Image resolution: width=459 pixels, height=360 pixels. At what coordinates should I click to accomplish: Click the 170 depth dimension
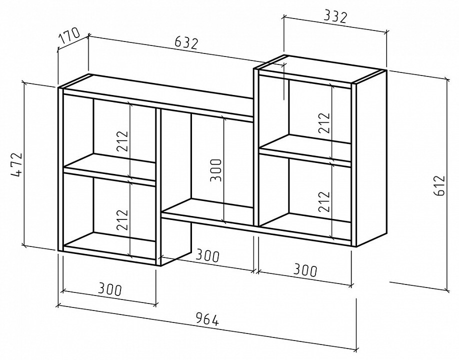pos(69,35)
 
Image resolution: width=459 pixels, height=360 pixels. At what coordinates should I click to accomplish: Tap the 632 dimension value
pos(186,43)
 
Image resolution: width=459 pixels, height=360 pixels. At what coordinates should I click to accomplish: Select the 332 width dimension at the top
pos(335,17)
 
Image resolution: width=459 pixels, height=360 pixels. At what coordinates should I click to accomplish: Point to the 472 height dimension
pos(16,165)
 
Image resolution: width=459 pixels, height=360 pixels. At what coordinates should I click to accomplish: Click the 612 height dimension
pos(439,185)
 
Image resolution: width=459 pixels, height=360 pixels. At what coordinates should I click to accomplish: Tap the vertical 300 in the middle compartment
pos(216,170)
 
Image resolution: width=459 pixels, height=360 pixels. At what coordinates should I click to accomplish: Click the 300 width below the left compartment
pos(109,289)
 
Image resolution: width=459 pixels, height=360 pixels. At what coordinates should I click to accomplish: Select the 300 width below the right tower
pos(305,270)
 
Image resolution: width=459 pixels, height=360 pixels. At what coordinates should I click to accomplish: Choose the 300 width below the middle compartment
pos(207,255)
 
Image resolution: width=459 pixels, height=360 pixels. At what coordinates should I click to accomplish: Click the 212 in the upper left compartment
pos(122,141)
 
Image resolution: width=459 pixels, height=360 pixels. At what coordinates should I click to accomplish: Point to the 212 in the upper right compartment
pos(324,123)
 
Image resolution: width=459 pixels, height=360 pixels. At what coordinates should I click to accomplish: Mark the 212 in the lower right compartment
pos(324,201)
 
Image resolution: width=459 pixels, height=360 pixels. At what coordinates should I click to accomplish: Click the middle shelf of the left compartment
pos(109,170)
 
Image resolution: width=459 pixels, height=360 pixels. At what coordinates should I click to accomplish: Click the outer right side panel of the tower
pos(371,158)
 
